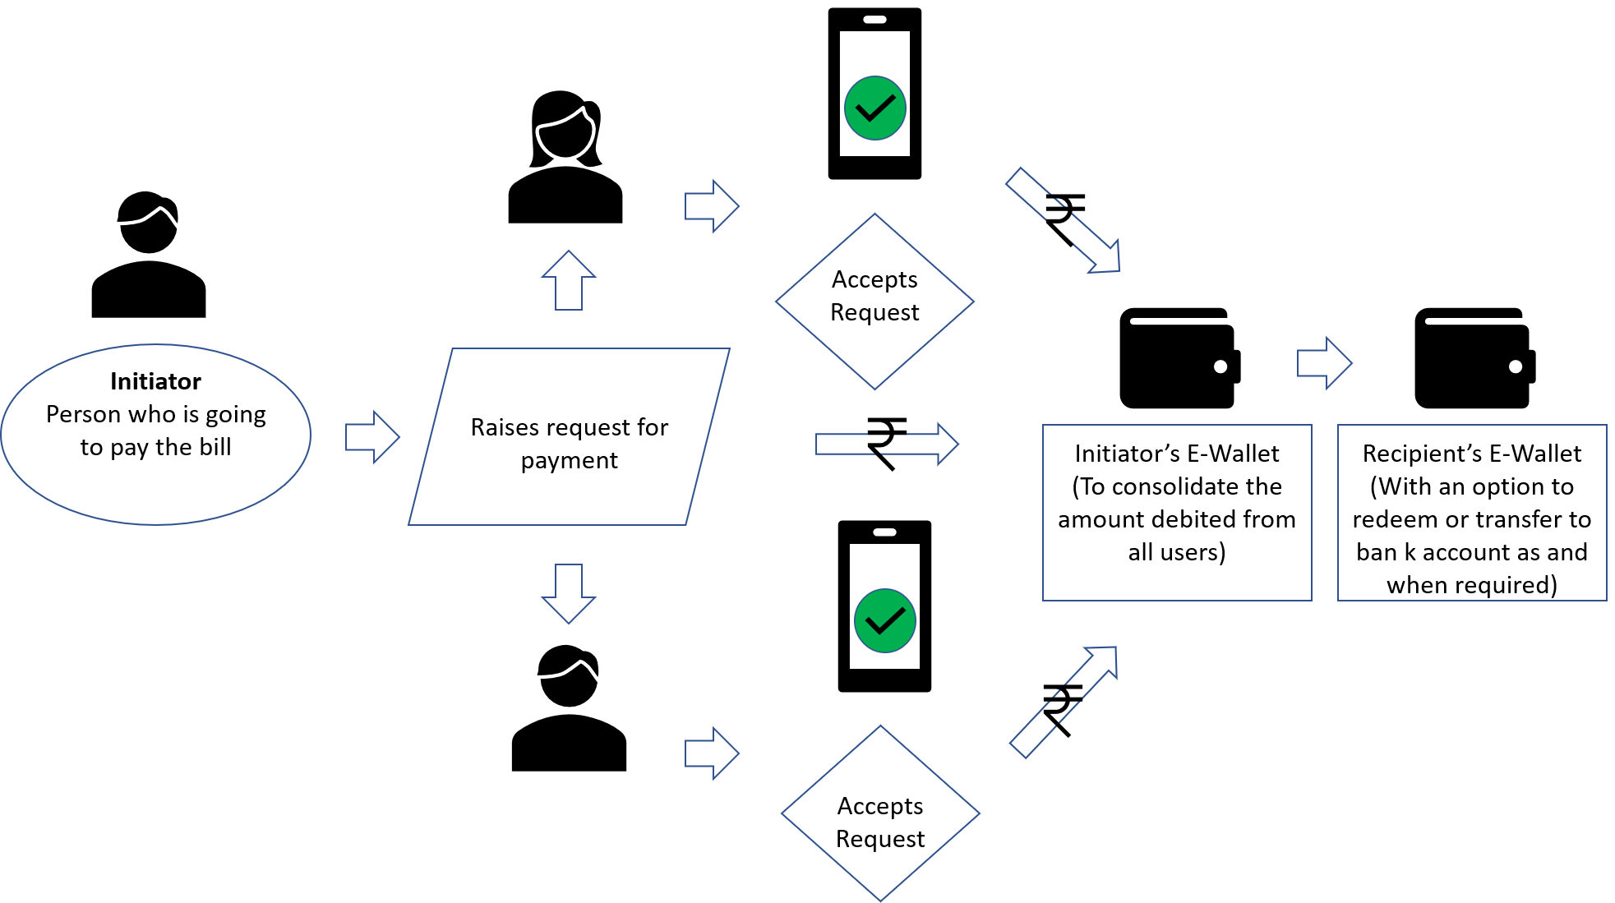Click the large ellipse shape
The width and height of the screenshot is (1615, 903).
pos(156,434)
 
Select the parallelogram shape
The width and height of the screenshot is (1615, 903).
pos(569,436)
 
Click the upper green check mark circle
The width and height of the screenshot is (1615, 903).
pos(875,108)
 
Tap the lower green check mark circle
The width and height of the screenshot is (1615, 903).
pos(885,620)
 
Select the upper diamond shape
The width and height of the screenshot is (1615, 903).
pos(874,302)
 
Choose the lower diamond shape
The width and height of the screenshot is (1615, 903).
pos(880,813)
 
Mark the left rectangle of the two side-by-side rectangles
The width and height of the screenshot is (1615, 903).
pos(1177,513)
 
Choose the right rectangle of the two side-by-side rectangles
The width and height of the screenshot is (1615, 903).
pos(1472,513)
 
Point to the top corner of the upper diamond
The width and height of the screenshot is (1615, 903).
pos(874,214)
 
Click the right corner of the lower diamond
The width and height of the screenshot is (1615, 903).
pos(979,813)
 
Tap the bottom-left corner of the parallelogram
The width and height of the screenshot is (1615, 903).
pos(410,523)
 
